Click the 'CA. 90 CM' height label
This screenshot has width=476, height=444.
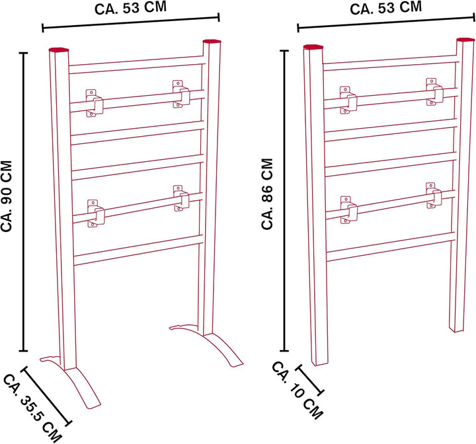[x=7, y=196]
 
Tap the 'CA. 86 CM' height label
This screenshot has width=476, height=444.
[x=267, y=194]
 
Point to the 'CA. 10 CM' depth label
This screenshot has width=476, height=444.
[x=297, y=390]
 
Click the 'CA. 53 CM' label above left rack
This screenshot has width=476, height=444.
[x=130, y=8]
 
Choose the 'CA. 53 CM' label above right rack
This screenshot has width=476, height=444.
[x=386, y=8]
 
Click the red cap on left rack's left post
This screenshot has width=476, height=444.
[x=59, y=50]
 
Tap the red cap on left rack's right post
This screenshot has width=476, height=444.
[x=212, y=41]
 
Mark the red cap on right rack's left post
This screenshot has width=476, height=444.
[x=313, y=47]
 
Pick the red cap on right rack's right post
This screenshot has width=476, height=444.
[x=465, y=40]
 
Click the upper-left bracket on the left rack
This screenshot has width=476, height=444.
[x=94, y=103]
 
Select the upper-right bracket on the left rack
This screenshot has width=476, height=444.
[x=181, y=94]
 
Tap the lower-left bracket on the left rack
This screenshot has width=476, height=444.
[x=96, y=213]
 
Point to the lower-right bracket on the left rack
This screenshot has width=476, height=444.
[x=181, y=198]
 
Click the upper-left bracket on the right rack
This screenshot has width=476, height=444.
[x=348, y=100]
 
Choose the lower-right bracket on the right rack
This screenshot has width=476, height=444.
[x=434, y=196]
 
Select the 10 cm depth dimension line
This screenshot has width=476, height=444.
[x=309, y=380]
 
